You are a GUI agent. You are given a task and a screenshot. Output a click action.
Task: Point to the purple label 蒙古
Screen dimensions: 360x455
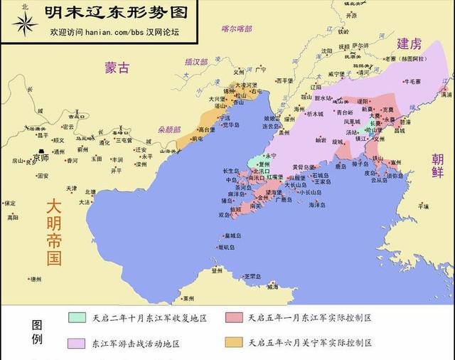coord(117,68)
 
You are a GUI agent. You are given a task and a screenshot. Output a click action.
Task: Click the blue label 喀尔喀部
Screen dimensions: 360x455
coord(237,29)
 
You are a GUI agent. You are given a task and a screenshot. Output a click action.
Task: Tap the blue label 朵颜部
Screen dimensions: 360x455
coord(170,130)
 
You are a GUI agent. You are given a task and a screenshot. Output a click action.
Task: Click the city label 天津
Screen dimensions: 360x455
coord(70,189)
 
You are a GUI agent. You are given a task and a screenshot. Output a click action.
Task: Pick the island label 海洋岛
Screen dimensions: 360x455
coord(317,204)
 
